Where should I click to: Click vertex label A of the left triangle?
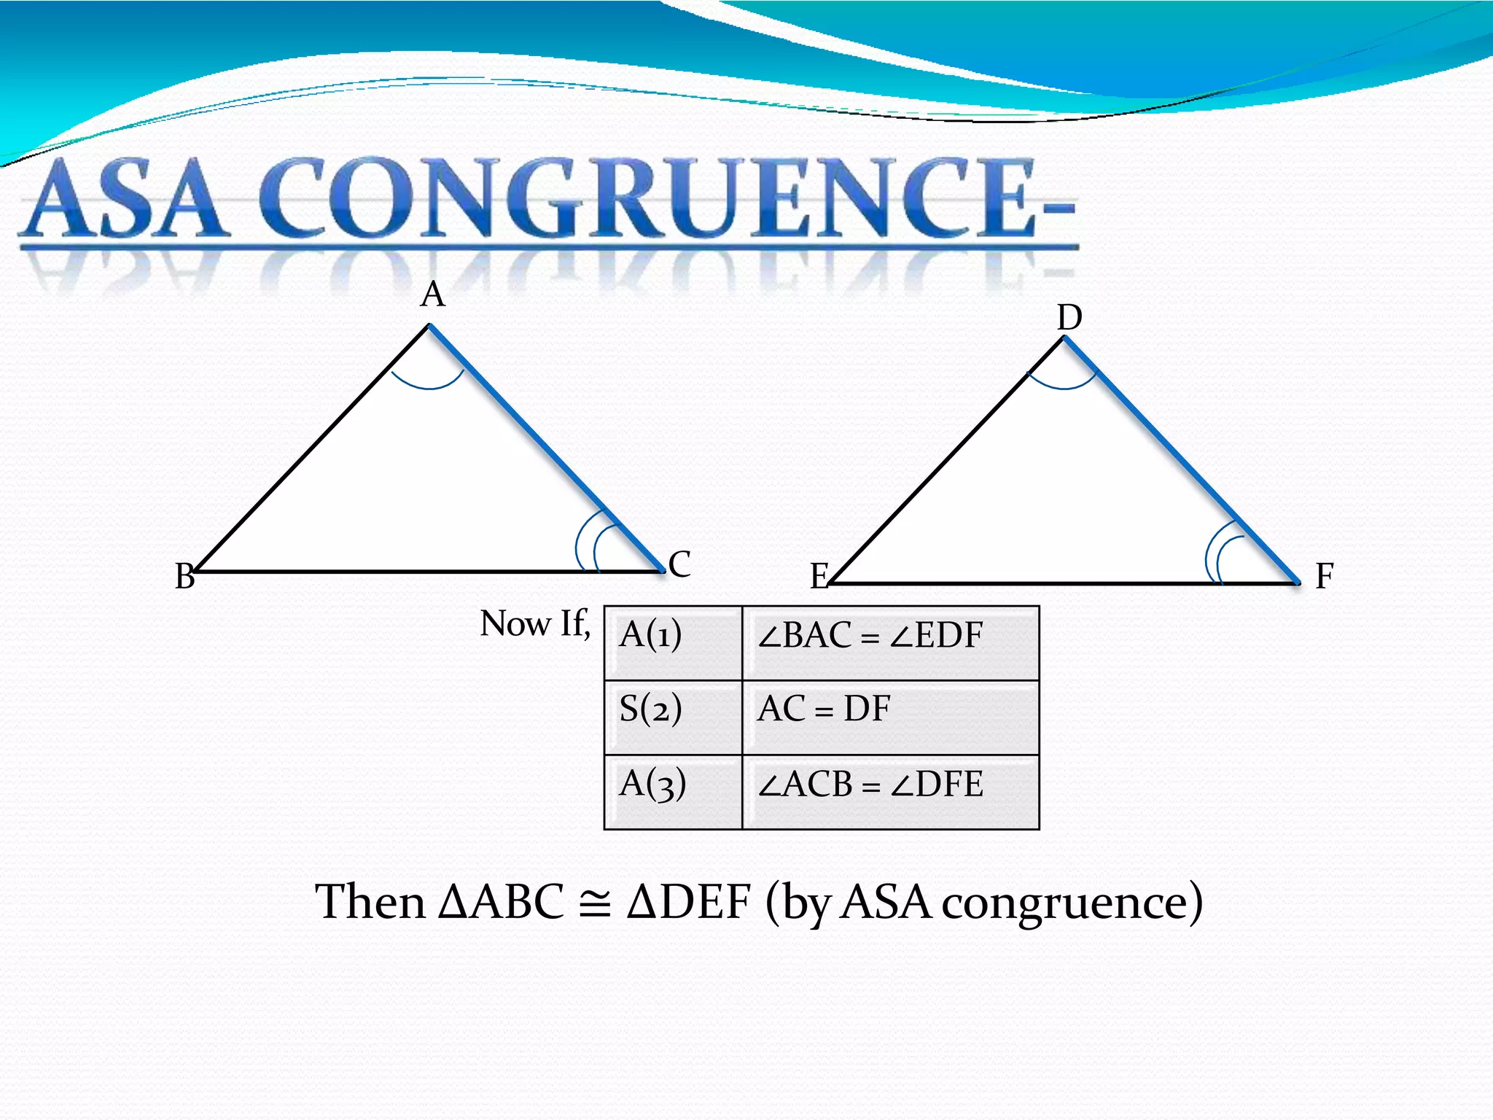click(433, 295)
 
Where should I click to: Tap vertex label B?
click(185, 576)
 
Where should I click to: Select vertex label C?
click(679, 564)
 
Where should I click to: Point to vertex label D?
click(1069, 318)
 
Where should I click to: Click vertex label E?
click(820, 576)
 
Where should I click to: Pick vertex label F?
click(1324, 576)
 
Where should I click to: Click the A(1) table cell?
click(673, 643)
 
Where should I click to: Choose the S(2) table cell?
click(673, 717)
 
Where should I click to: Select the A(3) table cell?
click(673, 792)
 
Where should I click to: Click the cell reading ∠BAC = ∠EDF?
click(890, 643)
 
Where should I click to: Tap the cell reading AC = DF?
click(890, 717)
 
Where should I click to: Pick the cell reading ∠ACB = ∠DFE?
click(890, 792)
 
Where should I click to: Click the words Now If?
click(534, 624)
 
